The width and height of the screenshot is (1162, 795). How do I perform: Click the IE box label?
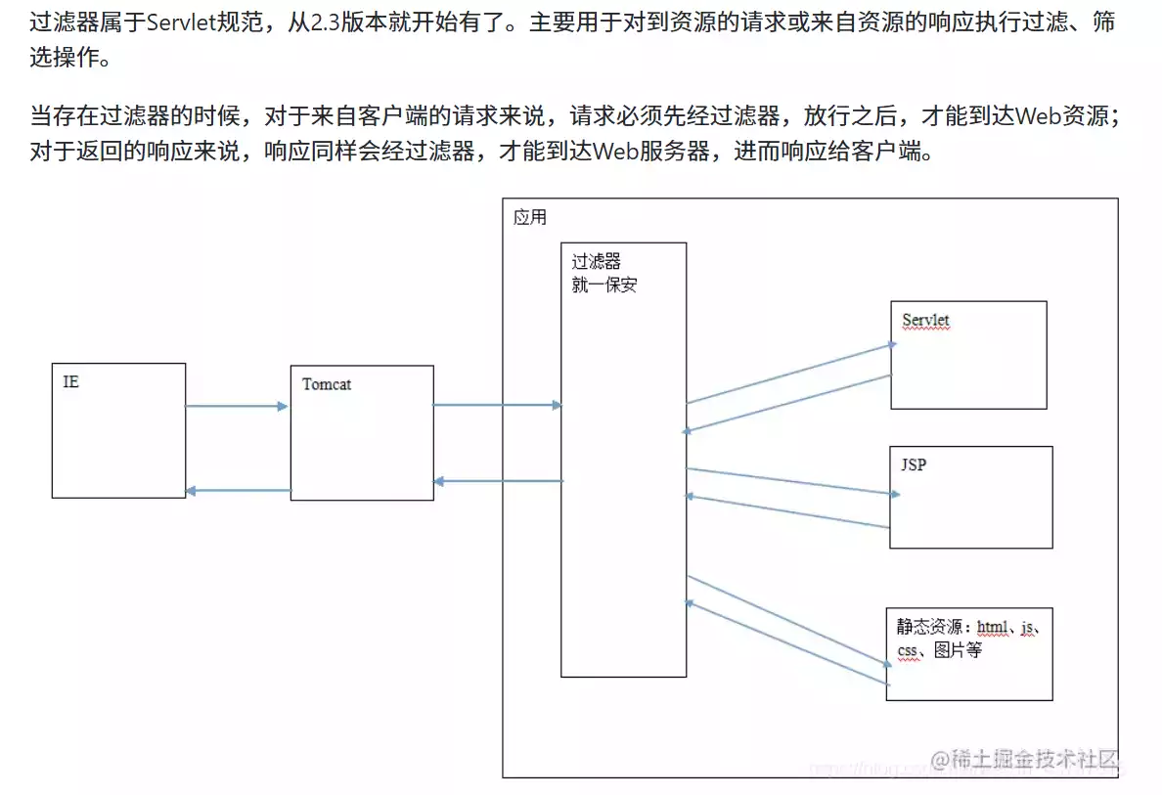click(70, 381)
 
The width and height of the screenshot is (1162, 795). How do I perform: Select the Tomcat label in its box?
click(327, 384)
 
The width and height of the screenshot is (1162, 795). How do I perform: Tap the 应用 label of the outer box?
click(530, 217)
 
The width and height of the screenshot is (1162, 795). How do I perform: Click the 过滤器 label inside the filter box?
click(597, 262)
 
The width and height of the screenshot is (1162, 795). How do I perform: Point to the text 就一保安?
click(604, 286)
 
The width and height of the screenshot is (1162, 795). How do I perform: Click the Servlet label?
click(925, 321)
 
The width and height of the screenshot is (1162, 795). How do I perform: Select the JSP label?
click(913, 464)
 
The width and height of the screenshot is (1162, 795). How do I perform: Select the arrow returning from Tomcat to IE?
click(238, 491)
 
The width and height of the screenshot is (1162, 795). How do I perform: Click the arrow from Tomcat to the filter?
click(497, 405)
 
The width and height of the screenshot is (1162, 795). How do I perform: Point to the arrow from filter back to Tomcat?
click(498, 481)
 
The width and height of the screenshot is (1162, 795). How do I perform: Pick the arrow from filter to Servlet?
click(790, 373)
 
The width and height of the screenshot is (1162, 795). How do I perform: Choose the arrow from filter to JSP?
click(790, 482)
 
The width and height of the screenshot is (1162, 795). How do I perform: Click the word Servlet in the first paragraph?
click(185, 22)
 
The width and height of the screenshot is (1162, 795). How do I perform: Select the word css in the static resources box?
click(909, 650)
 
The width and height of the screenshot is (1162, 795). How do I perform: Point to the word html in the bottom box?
click(992, 626)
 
